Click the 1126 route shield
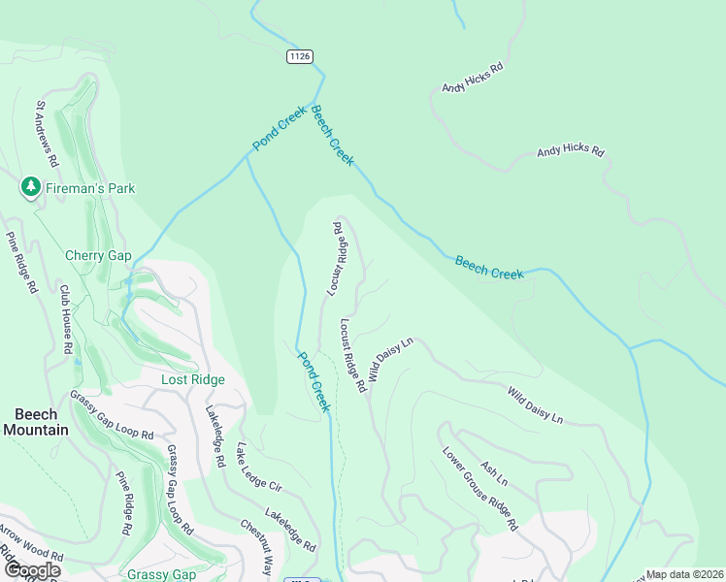(x=300, y=57)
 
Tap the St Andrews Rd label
(x=48, y=132)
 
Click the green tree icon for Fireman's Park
(x=31, y=187)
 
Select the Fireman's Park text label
(x=90, y=188)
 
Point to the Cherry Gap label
(x=97, y=256)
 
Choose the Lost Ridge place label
(x=193, y=380)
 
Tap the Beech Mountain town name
(x=35, y=422)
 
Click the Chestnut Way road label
(x=257, y=547)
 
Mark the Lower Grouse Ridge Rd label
(x=478, y=489)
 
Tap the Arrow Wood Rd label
(x=32, y=544)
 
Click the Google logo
(x=32, y=570)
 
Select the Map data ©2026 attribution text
(x=684, y=574)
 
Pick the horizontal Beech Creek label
(x=489, y=267)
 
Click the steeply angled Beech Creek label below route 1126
(x=332, y=137)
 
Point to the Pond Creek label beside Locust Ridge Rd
(x=313, y=381)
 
